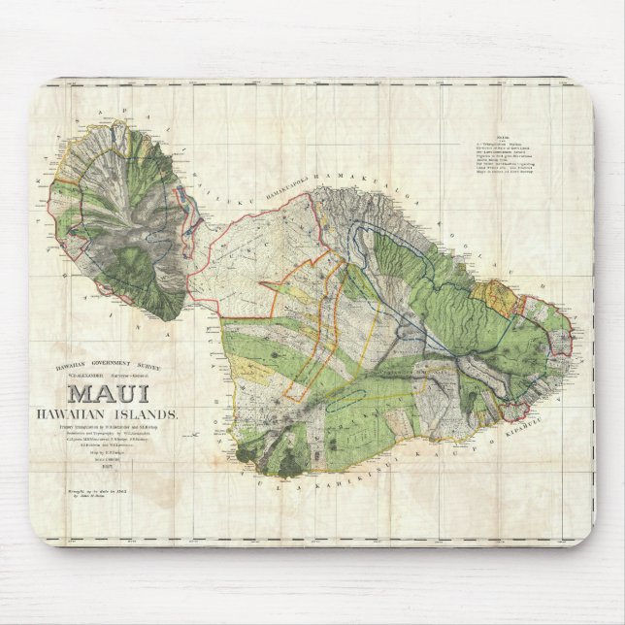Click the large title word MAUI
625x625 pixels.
click(x=108, y=395)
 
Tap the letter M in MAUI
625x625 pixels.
click(x=81, y=395)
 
